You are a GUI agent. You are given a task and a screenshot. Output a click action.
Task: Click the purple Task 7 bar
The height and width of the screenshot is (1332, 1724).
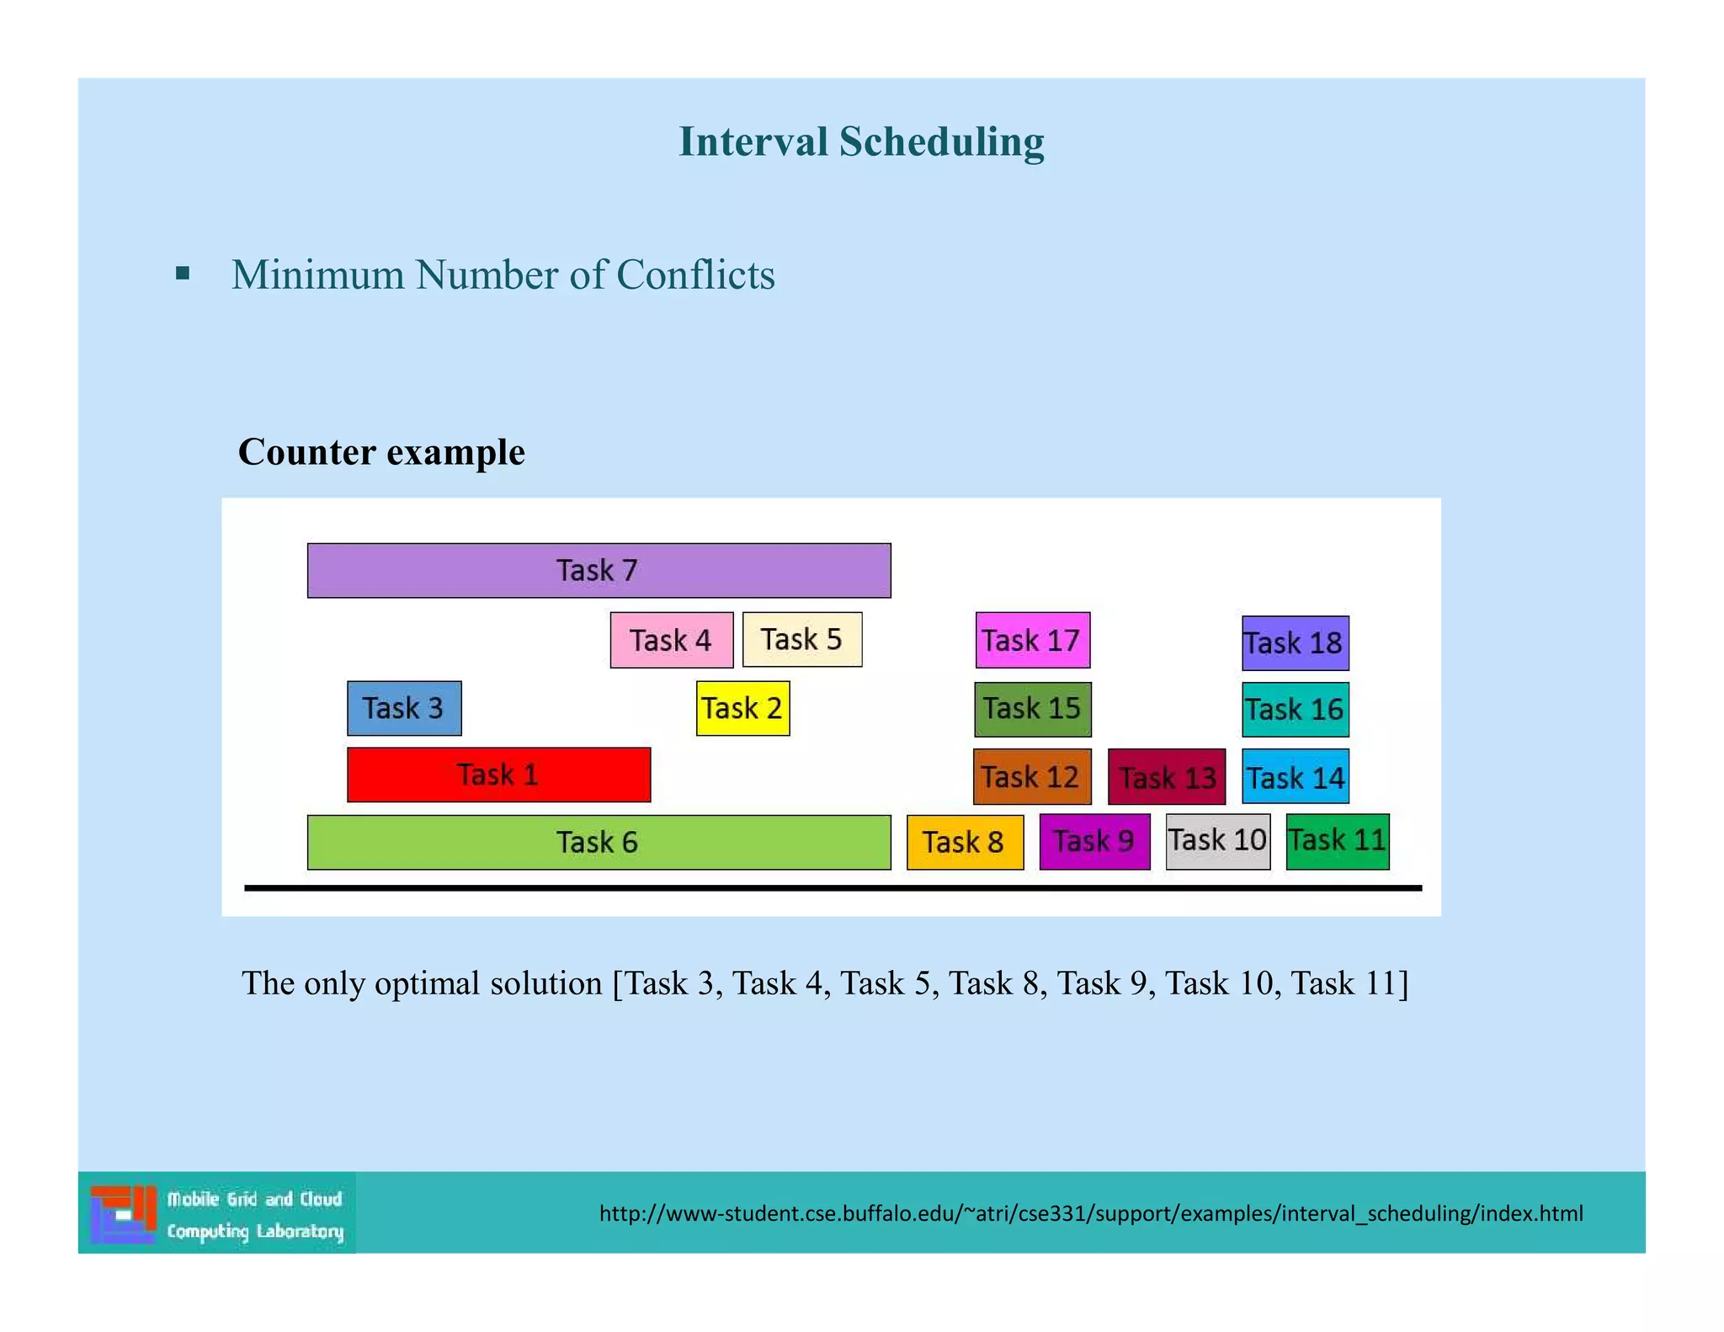(x=599, y=570)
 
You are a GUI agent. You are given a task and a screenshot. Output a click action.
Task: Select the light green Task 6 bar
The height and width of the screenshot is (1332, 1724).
(x=599, y=842)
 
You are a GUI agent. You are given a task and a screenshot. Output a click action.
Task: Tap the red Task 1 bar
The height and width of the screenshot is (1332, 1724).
(x=498, y=775)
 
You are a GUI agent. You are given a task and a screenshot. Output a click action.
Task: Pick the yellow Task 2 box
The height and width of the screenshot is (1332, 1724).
(x=742, y=708)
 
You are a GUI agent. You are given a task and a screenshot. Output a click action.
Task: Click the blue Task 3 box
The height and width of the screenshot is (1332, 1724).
(x=404, y=708)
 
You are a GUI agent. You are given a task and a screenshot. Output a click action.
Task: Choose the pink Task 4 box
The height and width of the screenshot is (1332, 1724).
(x=671, y=640)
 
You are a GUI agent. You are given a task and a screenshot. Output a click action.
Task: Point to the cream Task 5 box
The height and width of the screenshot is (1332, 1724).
(x=802, y=639)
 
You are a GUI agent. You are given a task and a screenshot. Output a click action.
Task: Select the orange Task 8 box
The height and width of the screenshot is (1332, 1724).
(x=965, y=842)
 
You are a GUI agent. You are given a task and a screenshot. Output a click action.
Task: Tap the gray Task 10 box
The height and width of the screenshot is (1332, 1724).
(x=1217, y=841)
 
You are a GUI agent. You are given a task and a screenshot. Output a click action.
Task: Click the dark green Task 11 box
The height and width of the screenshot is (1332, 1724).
(x=1338, y=841)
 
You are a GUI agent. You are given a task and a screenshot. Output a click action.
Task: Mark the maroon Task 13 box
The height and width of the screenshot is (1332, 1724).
(x=1167, y=776)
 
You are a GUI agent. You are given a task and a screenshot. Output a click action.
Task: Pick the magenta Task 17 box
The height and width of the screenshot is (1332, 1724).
(x=1032, y=640)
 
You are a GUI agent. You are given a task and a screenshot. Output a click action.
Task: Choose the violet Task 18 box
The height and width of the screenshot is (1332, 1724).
(x=1295, y=643)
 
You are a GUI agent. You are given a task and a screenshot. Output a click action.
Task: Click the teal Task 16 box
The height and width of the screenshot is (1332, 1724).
(x=1295, y=709)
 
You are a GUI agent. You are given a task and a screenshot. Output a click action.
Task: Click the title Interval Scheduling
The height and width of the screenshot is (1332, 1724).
(x=861, y=141)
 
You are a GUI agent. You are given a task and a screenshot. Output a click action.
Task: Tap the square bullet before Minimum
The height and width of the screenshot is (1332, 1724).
(x=183, y=273)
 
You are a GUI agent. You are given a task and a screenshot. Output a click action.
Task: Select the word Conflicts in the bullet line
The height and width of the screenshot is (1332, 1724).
(x=695, y=274)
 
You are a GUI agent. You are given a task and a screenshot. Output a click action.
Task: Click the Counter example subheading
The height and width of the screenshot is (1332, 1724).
(x=381, y=452)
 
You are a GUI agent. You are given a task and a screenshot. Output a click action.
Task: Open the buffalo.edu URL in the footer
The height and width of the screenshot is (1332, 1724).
(x=1091, y=1213)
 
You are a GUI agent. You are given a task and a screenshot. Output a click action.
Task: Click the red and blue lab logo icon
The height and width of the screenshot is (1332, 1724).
(x=123, y=1213)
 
